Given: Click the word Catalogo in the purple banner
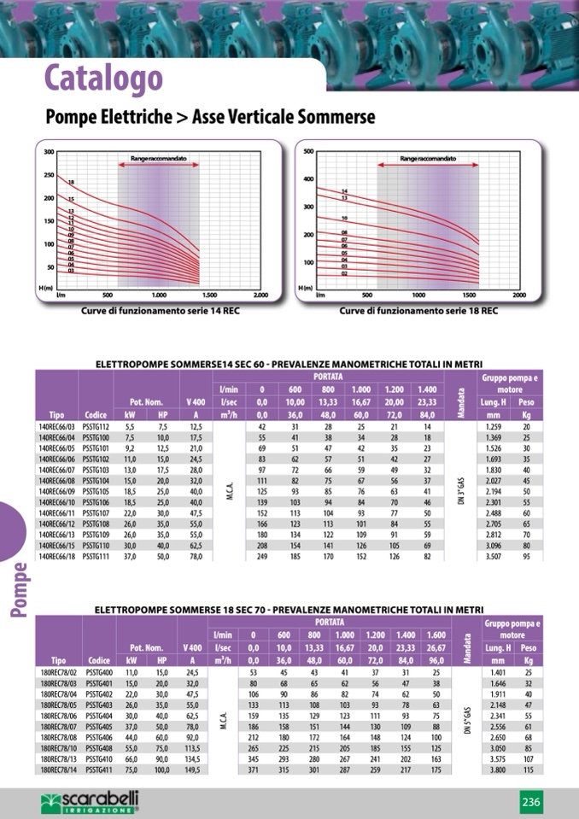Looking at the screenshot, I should [103, 78].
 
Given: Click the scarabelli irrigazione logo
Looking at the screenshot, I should [90, 801].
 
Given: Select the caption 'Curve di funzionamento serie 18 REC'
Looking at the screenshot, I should [418, 311].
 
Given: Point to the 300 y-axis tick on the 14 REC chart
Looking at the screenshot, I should [49, 152].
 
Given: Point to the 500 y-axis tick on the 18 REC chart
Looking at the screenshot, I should [308, 152].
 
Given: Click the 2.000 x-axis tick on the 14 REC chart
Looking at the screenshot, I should [260, 295].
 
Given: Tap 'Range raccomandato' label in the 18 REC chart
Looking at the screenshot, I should [429, 159].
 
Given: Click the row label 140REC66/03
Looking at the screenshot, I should [57, 426].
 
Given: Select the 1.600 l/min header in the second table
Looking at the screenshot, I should [436, 635].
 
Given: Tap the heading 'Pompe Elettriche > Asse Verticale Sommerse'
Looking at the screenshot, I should [210, 117].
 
